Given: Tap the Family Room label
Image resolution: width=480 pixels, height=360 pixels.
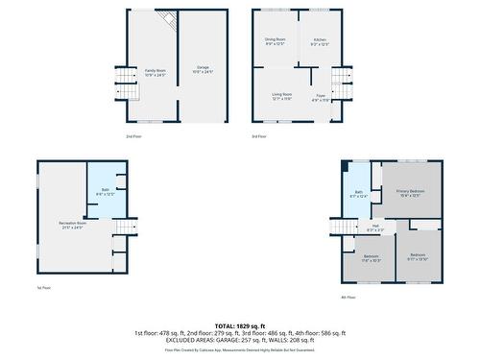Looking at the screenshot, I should (x=156, y=72).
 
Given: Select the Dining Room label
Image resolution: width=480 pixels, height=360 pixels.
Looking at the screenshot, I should (x=276, y=41).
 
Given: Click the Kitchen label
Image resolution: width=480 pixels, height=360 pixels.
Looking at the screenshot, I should (x=320, y=41).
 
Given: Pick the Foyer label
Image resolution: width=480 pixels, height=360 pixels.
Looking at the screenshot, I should (x=321, y=97).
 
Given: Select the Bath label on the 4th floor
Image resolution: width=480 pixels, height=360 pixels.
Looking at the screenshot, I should (x=358, y=194).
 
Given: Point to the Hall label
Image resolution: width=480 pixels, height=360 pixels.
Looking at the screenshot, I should (x=374, y=228).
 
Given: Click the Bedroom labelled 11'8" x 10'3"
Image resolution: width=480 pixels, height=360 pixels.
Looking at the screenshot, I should (x=372, y=258).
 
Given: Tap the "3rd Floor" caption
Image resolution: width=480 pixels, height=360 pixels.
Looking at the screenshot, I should (x=260, y=136).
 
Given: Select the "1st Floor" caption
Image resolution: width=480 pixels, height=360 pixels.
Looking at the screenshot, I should (x=43, y=287).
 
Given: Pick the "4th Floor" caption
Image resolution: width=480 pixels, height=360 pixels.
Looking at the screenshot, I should (x=348, y=297).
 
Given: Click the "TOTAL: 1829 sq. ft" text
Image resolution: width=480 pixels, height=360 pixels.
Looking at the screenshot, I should (x=240, y=325).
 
